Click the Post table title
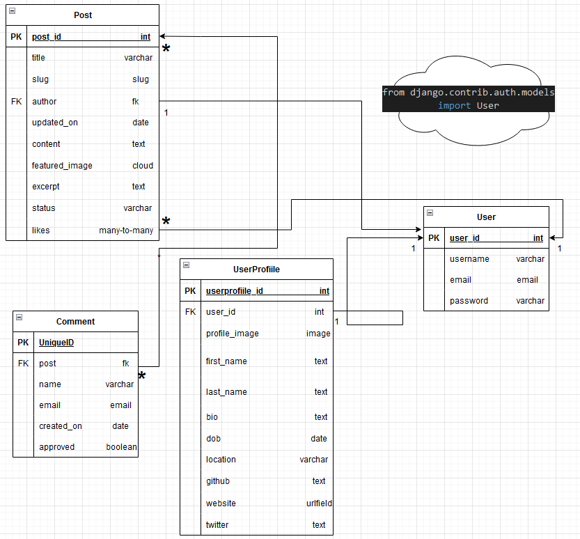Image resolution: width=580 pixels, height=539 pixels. pyautogui.click(x=83, y=15)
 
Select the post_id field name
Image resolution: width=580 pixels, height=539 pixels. pyautogui.click(x=47, y=37)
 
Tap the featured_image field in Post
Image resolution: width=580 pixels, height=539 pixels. pyautogui.click(x=62, y=165)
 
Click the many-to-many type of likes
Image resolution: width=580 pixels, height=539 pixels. pyautogui.click(x=126, y=230)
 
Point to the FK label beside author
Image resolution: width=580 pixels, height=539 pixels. pyautogui.click(x=16, y=102)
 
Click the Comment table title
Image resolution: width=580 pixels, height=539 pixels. pyautogui.click(x=75, y=322)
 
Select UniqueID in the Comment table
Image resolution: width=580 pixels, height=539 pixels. pyautogui.click(x=56, y=343)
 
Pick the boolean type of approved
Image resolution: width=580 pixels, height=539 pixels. pyautogui.click(x=121, y=447)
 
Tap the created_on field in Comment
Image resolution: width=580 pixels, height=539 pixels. pyautogui.click(x=61, y=426)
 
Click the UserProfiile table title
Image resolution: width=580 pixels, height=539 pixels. pyautogui.click(x=256, y=269)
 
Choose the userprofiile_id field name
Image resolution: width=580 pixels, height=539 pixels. pyautogui.click(x=235, y=291)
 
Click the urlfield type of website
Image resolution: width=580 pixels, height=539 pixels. pyautogui.click(x=319, y=503)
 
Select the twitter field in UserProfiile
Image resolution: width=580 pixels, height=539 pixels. pyautogui.click(x=217, y=524)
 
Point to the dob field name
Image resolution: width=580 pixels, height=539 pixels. pyautogui.click(x=214, y=439)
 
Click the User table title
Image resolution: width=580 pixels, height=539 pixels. pyautogui.click(x=486, y=217)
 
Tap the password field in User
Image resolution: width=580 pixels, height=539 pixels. pyautogui.click(x=469, y=301)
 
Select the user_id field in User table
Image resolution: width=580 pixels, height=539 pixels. pyautogui.click(x=464, y=238)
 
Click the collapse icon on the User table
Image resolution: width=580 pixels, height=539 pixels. pyautogui.click(x=430, y=212)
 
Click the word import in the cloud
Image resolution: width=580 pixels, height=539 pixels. pyautogui.click(x=454, y=106)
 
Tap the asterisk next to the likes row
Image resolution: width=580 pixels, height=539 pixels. pyautogui.click(x=166, y=221)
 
